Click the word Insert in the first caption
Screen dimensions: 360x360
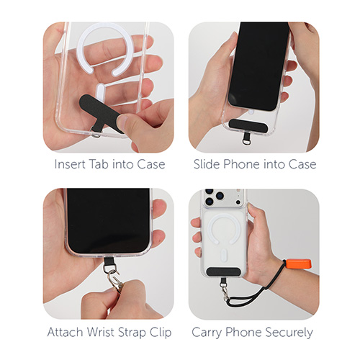(x=70, y=164)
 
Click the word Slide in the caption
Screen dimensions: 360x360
(x=207, y=164)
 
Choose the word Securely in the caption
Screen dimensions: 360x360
(x=289, y=333)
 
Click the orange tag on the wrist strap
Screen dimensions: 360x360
(x=299, y=264)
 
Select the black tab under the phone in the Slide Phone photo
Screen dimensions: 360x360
(x=248, y=125)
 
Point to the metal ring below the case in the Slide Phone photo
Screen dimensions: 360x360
(x=246, y=142)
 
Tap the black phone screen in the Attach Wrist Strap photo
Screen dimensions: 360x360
(x=108, y=220)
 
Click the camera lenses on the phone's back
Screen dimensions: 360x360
(x=214, y=197)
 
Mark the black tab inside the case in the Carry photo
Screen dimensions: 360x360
(x=224, y=271)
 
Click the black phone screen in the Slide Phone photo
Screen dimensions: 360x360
(x=259, y=66)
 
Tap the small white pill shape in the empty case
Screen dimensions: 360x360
(x=100, y=91)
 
